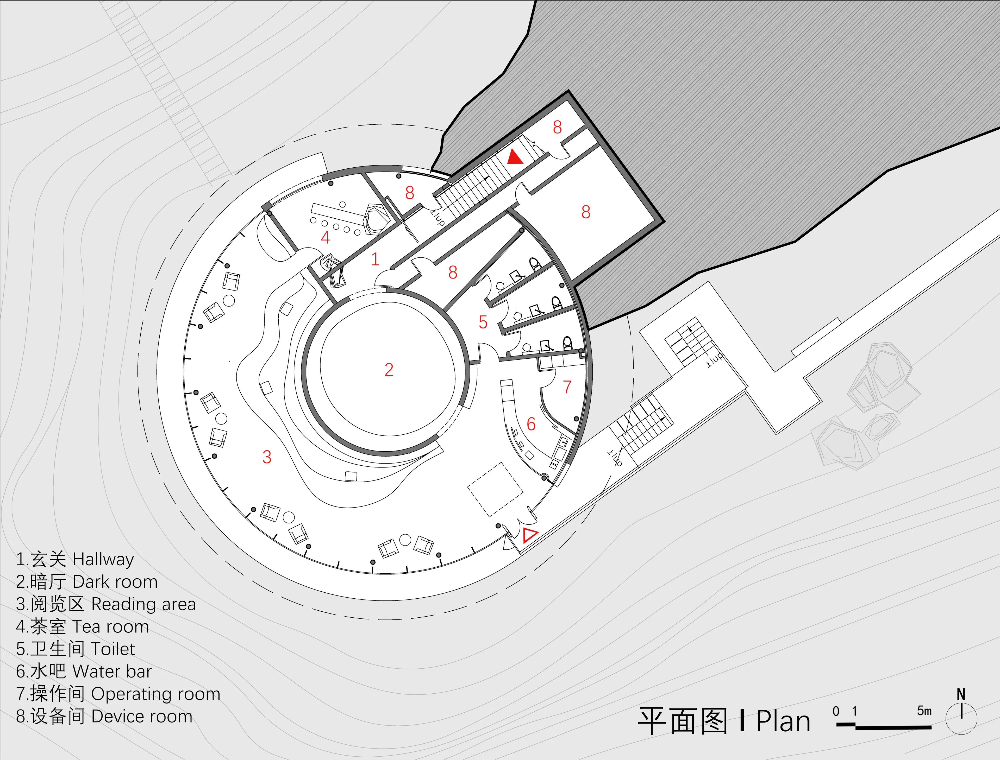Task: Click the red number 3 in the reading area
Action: click(x=267, y=457)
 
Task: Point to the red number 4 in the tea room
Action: click(x=325, y=237)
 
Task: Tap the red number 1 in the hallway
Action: click(x=375, y=259)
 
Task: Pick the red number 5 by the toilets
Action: click(x=483, y=322)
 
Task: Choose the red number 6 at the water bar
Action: click(x=531, y=424)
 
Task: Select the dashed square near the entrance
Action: click(x=496, y=490)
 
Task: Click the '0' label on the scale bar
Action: click(x=836, y=711)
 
